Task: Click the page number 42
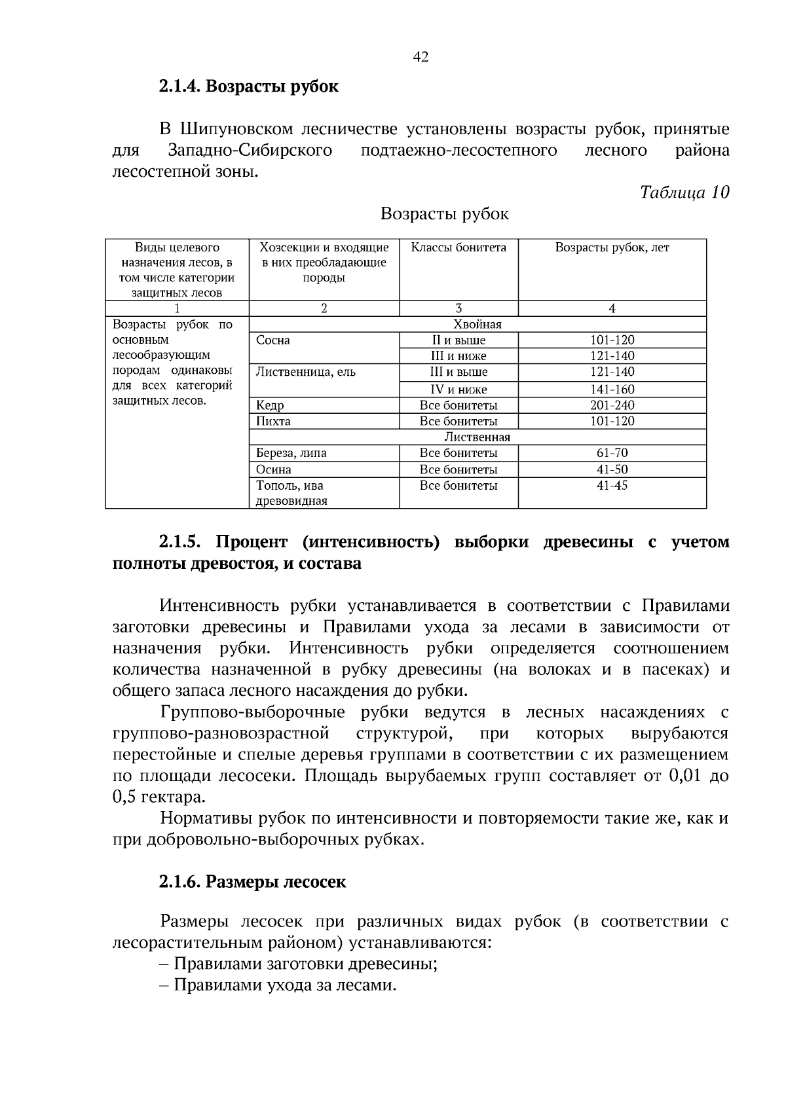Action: (x=421, y=58)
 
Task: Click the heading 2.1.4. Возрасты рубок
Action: (x=248, y=86)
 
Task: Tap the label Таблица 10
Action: (x=684, y=192)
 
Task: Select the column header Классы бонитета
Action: (x=458, y=247)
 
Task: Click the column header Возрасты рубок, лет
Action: (x=612, y=247)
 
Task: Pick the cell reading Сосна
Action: (x=273, y=340)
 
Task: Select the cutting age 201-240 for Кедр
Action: (x=612, y=405)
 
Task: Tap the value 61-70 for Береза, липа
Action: (x=612, y=453)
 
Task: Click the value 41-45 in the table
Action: (x=612, y=486)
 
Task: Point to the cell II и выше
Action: (x=458, y=340)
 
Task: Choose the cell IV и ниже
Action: (x=458, y=390)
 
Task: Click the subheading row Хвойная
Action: (x=477, y=325)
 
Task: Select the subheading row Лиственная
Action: (x=477, y=437)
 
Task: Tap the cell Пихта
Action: (x=273, y=422)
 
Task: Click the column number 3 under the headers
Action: (x=458, y=309)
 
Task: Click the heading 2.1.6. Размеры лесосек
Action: (x=252, y=882)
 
